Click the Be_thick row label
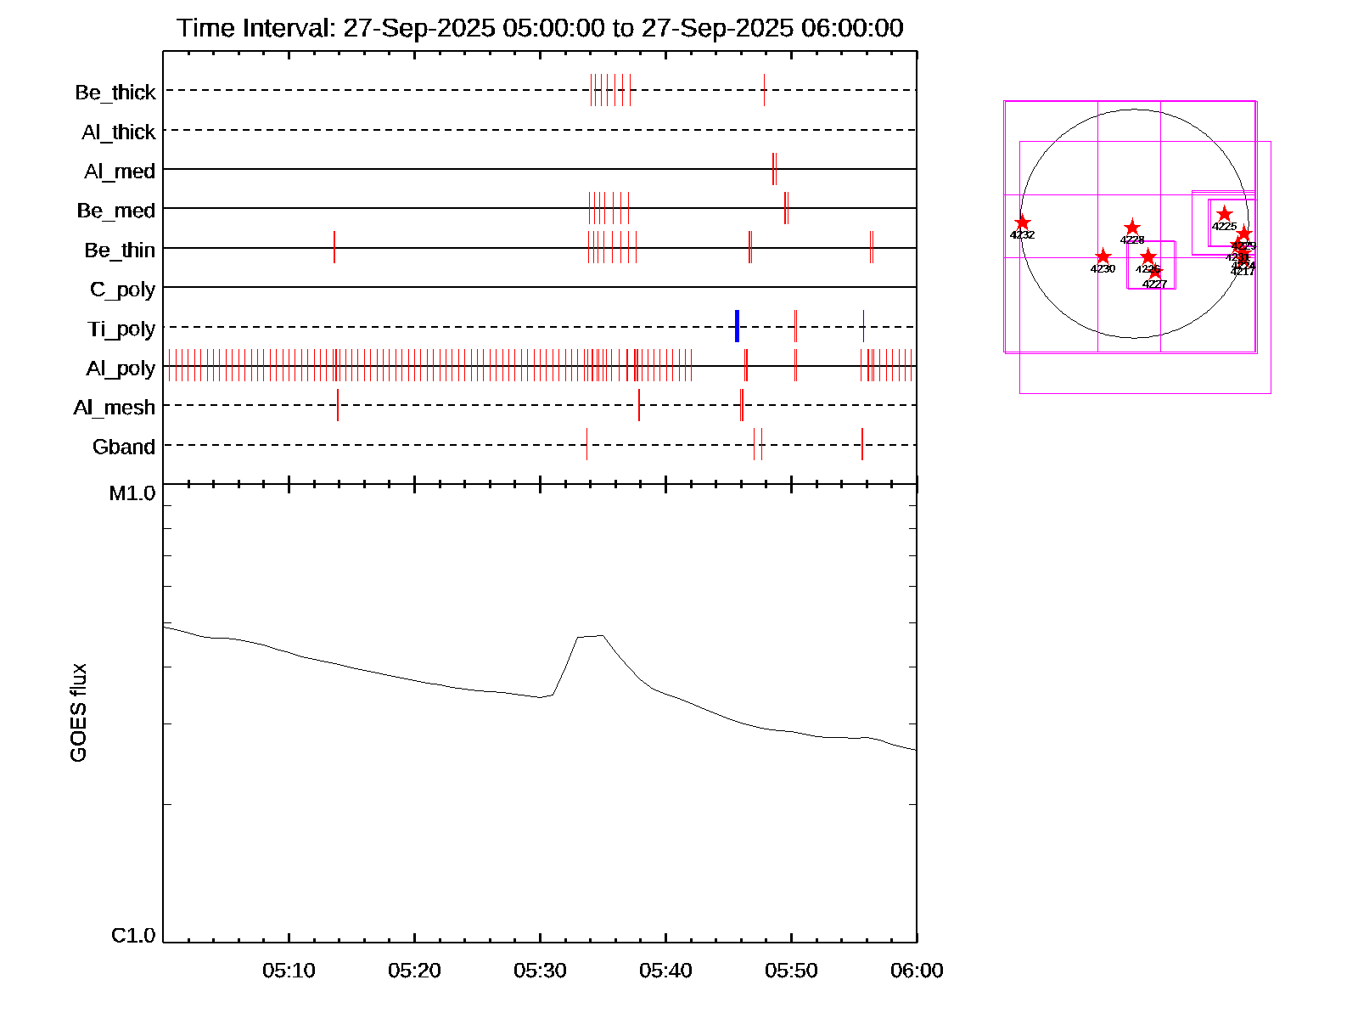coord(115,92)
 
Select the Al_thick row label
coord(119,132)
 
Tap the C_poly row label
coord(123,290)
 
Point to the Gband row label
coord(124,447)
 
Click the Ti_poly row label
coord(121,329)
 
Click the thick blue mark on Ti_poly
coord(737,326)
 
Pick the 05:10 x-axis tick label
coord(289,971)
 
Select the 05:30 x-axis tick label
coord(540,971)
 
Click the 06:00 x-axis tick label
coord(917,971)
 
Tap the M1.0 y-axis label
coord(132,493)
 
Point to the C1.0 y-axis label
coord(133,936)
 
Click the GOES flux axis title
coord(78,713)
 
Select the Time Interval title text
coord(540,28)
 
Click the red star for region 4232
coord(1023,222)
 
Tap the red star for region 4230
coord(1103,256)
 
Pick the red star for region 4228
coord(1132,228)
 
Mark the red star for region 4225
coord(1224,214)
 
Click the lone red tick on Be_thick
coord(764,90)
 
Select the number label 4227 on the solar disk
coord(1154,284)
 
